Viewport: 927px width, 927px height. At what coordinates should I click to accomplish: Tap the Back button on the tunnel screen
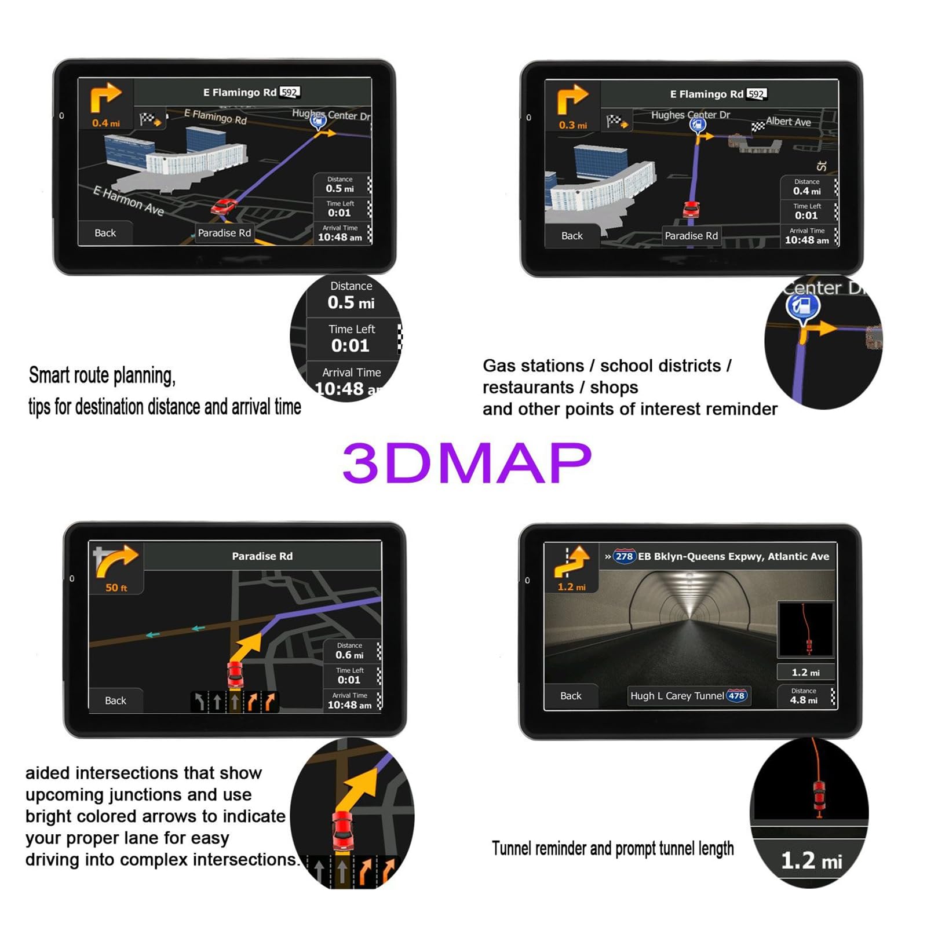[571, 696]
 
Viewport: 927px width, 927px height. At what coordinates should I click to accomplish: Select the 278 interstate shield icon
[624, 556]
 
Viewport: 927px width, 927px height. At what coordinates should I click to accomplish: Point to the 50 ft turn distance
[116, 587]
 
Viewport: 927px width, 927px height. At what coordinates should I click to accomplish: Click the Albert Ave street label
[788, 122]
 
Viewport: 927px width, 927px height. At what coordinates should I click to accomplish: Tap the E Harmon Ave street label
[129, 200]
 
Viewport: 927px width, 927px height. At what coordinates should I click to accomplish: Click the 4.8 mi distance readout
[804, 700]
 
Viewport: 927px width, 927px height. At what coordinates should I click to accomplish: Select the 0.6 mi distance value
[349, 655]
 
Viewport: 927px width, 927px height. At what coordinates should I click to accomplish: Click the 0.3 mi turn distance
[572, 125]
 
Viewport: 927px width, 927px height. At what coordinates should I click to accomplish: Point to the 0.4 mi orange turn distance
[105, 123]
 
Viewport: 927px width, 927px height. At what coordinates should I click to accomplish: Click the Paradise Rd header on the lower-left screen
[262, 556]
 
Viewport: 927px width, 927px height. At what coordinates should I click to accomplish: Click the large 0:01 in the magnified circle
[350, 346]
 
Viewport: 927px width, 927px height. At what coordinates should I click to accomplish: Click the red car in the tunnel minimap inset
[809, 645]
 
